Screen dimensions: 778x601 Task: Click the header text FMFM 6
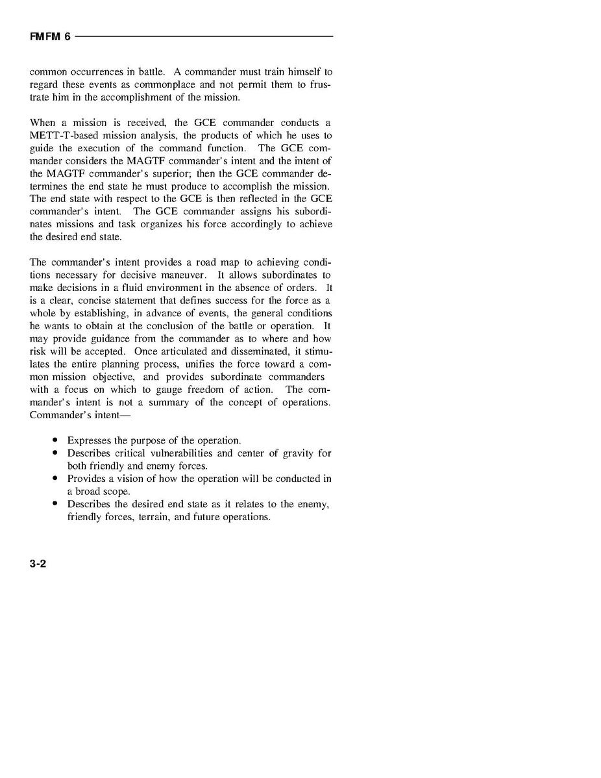pos(50,37)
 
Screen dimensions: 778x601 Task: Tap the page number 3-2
pos(38,564)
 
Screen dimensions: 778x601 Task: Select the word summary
pos(169,402)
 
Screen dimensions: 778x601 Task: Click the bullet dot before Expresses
pos(55,440)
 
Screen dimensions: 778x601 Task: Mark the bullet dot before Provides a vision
pos(55,479)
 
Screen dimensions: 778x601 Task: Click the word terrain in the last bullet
pos(153,517)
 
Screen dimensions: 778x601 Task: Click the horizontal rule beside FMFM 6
pos(204,36)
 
